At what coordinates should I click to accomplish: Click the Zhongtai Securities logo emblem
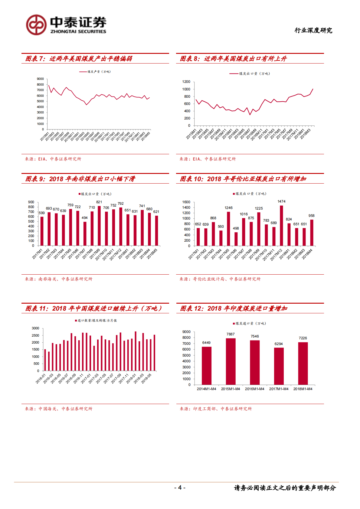click(36, 25)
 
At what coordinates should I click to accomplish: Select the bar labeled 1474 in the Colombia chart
click(281, 226)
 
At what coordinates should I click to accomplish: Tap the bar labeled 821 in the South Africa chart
click(99, 226)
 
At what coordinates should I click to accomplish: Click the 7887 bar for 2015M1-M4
click(231, 361)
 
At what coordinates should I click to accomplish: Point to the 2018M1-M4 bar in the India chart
click(303, 363)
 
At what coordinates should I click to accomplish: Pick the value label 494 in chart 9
click(85, 218)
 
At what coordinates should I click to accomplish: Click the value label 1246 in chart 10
click(229, 208)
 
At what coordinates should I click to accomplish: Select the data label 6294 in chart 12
click(279, 344)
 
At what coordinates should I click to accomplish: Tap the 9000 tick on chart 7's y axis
click(41, 79)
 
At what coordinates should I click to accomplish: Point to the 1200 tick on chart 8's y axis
click(186, 82)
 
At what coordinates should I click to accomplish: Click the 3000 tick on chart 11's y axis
click(35, 328)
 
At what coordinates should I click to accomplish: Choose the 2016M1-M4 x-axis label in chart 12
click(254, 389)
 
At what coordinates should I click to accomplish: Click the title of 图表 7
click(79, 59)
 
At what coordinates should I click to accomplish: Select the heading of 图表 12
click(234, 308)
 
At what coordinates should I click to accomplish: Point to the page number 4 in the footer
click(180, 488)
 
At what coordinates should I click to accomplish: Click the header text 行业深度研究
click(313, 30)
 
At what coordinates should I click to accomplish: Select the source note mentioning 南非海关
click(59, 279)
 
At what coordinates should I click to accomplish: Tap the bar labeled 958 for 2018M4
click(312, 233)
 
